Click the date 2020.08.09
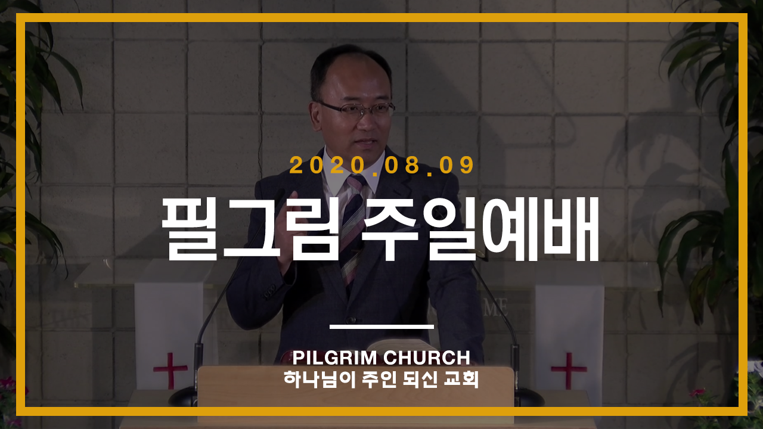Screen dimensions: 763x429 [x=381, y=165]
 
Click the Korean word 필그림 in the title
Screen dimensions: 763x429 [x=251, y=229]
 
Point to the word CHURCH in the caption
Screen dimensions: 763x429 [x=426, y=358]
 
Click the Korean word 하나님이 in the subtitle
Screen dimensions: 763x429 [x=320, y=378]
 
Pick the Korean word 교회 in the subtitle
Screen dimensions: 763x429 [x=461, y=378]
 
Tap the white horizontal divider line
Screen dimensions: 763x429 [x=381, y=327]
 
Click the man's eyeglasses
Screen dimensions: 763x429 [x=356, y=110]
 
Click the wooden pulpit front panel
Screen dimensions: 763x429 [x=356, y=387]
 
